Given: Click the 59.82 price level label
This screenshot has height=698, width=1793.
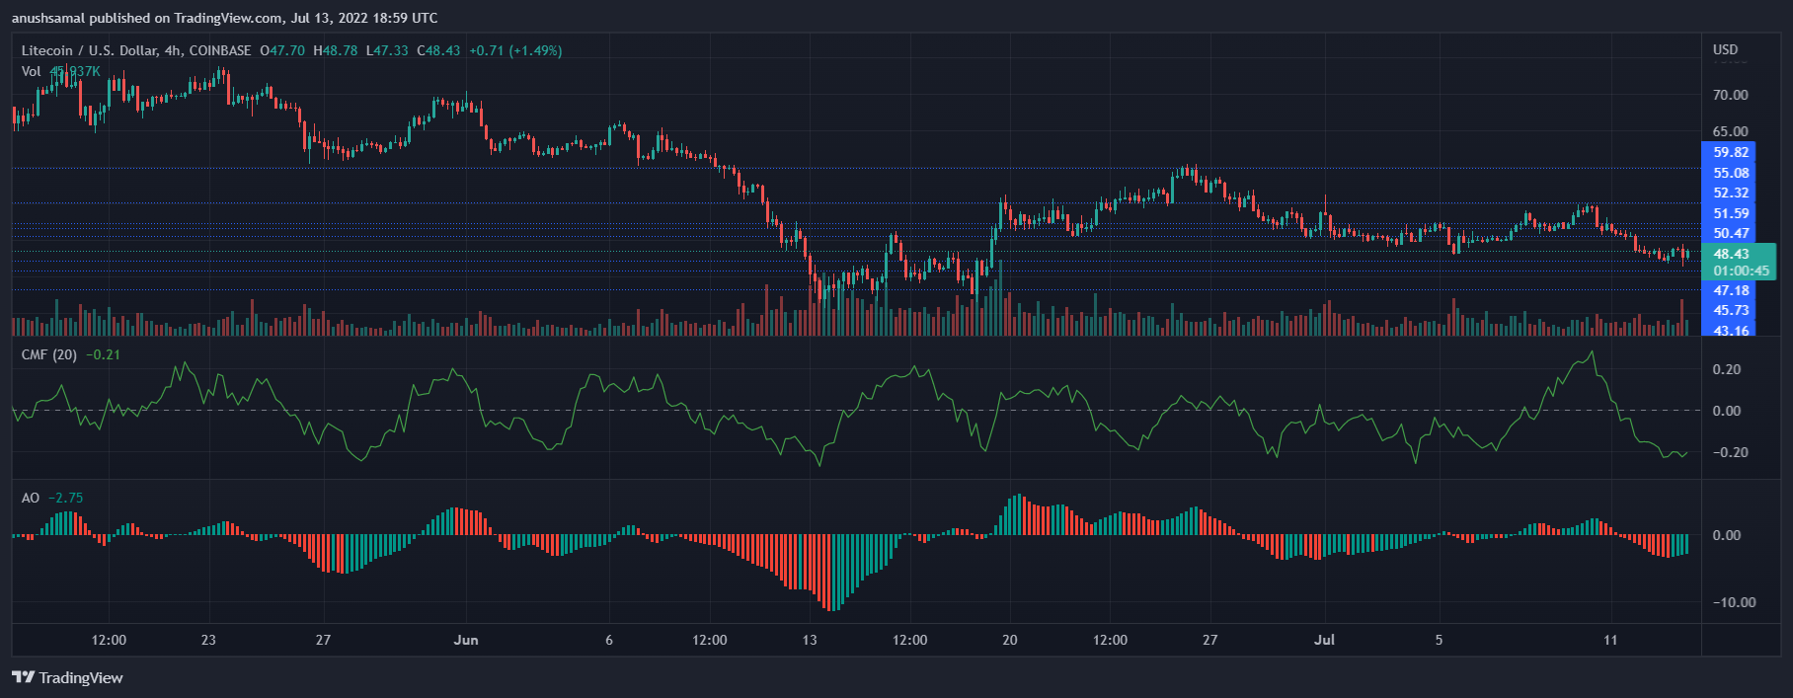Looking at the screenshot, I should pyautogui.click(x=1730, y=152).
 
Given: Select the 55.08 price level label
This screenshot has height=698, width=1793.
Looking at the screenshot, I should pyautogui.click(x=1730, y=173).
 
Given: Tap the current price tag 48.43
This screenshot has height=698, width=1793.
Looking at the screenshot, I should pyautogui.click(x=1731, y=254).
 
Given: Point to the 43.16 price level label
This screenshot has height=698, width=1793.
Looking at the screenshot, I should pyautogui.click(x=1730, y=331).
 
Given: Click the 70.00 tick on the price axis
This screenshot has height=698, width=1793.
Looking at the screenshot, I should pyautogui.click(x=1730, y=95).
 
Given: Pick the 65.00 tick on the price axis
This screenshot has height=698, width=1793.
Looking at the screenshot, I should pyautogui.click(x=1730, y=131).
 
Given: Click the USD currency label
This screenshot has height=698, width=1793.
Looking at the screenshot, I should pyautogui.click(x=1725, y=49).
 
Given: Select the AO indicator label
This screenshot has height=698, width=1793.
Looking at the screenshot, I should pyautogui.click(x=31, y=498).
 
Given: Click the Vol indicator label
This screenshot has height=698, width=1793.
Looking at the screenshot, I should pyautogui.click(x=32, y=71).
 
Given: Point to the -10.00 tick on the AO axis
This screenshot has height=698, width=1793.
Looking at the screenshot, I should pyautogui.click(x=1733, y=602).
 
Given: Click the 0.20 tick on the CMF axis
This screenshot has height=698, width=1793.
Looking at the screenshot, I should pyautogui.click(x=1727, y=369).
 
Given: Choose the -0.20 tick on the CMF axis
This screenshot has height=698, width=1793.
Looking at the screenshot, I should pyautogui.click(x=1729, y=452).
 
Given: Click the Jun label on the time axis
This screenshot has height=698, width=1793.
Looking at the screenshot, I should pyautogui.click(x=466, y=640).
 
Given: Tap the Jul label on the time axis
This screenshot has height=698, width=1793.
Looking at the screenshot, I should pyautogui.click(x=1324, y=640).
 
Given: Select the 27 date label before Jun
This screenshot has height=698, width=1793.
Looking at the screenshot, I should pyautogui.click(x=323, y=640).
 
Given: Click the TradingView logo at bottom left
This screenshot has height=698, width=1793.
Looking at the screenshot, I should pyautogui.click(x=67, y=677).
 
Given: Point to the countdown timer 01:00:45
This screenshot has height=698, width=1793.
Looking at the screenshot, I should pyautogui.click(x=1741, y=271).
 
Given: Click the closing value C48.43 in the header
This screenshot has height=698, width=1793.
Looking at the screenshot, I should pyautogui.click(x=438, y=50).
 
